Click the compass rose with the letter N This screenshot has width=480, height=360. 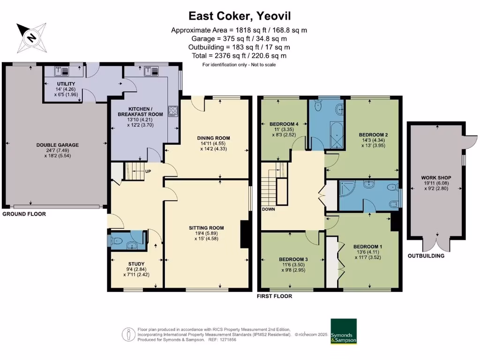click(31, 37)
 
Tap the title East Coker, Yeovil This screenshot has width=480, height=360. click(240, 15)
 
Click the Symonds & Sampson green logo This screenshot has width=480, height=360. click(344, 332)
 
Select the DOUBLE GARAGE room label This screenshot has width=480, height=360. click(57, 145)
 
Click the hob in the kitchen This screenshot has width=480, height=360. click(172, 111)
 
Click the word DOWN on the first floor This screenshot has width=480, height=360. click(269, 209)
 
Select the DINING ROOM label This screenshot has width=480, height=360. click(213, 138)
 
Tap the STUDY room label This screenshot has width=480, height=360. click(136, 263)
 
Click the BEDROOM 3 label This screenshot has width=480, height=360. click(293, 259)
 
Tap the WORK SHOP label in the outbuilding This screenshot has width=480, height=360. click(435, 178)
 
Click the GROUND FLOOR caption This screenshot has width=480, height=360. click(24, 213)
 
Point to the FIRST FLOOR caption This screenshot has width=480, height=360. click(274, 296)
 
